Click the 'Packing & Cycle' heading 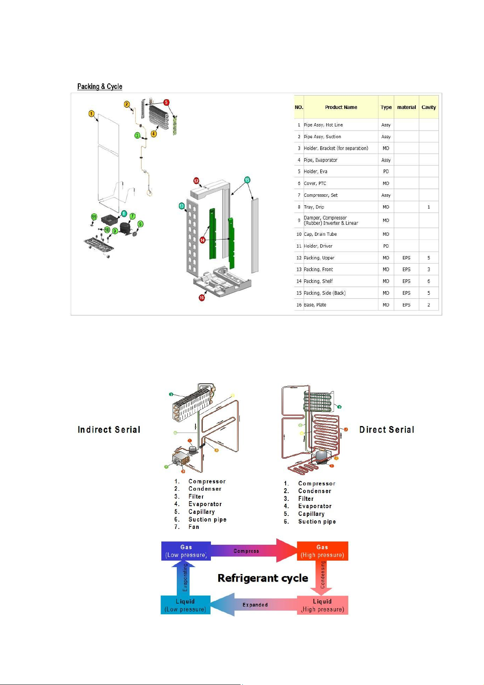pyautogui.click(x=100, y=87)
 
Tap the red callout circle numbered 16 pyautogui.click(x=202, y=298)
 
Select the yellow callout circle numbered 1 pyautogui.click(x=91, y=114)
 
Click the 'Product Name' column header pyautogui.click(x=341, y=107)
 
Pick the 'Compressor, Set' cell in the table pyautogui.click(x=321, y=195)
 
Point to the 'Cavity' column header pyautogui.click(x=428, y=107)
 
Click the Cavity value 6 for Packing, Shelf pyautogui.click(x=428, y=281)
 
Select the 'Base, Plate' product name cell pyautogui.click(x=315, y=305)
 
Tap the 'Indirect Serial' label pyautogui.click(x=109, y=430)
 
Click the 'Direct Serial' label pyautogui.click(x=386, y=430)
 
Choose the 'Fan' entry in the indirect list pyautogui.click(x=194, y=527)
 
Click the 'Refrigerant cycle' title pyautogui.click(x=263, y=578)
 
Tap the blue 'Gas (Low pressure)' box pyautogui.click(x=186, y=551)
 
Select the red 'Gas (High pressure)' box pyautogui.click(x=322, y=551)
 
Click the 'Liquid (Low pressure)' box pyautogui.click(x=185, y=605)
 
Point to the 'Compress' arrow pyautogui.click(x=246, y=551)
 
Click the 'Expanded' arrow pyautogui.click(x=255, y=605)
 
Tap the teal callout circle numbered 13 pyautogui.click(x=182, y=206)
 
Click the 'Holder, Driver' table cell pyautogui.click(x=318, y=246)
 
